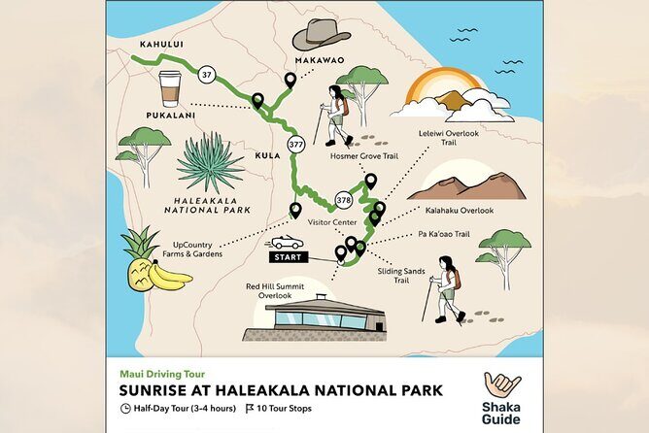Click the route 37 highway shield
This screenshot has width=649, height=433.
tap(205, 74)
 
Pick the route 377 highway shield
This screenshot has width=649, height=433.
tap(296, 145)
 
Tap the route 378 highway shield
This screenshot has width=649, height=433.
tap(343, 200)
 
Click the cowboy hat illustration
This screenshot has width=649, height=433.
tap(321, 33)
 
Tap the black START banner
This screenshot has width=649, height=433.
tap(286, 258)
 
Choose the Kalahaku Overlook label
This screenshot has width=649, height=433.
tap(460, 211)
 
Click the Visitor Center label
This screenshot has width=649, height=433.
tap(333, 221)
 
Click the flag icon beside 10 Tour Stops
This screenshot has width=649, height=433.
tap(250, 409)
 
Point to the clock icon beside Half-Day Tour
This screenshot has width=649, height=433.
tap(125, 409)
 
